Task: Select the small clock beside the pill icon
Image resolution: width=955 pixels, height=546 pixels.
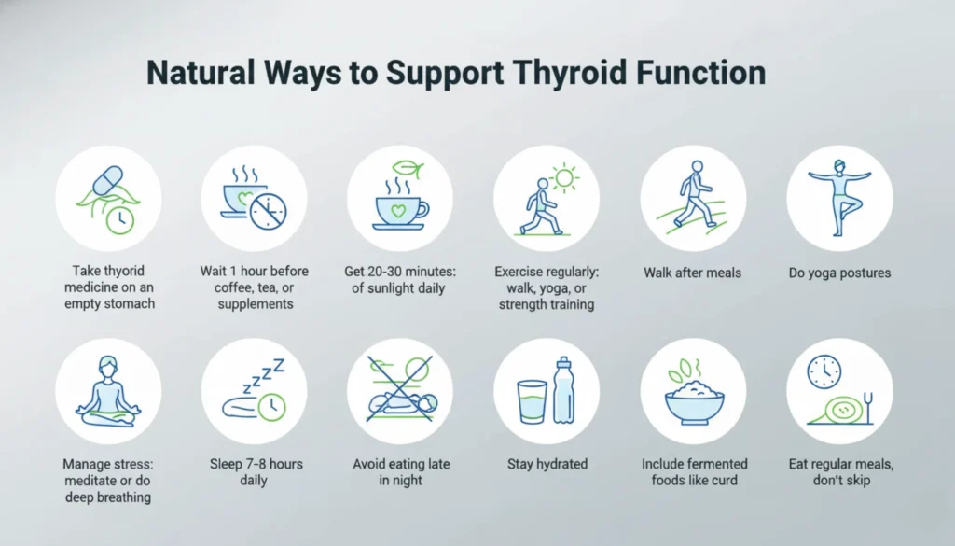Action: pyautogui.click(x=119, y=219)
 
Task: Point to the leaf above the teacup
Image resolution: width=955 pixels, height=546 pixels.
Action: pyautogui.click(x=404, y=169)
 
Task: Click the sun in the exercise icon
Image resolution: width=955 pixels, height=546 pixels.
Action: pyautogui.click(x=563, y=178)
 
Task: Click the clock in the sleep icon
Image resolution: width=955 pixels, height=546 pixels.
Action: pyautogui.click(x=270, y=405)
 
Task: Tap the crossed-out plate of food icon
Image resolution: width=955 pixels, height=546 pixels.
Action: pyautogui.click(x=399, y=392)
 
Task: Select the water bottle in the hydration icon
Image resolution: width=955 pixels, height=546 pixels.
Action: pyautogui.click(x=563, y=389)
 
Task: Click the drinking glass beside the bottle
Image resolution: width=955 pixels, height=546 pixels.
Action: pyautogui.click(x=532, y=401)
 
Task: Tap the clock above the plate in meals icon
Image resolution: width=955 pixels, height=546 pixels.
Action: pyautogui.click(x=824, y=371)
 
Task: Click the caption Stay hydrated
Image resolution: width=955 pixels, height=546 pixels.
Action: pyautogui.click(x=546, y=464)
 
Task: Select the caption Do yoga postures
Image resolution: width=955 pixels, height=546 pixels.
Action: pyautogui.click(x=839, y=273)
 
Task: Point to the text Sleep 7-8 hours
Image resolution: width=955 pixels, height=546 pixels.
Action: pyautogui.click(x=255, y=464)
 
